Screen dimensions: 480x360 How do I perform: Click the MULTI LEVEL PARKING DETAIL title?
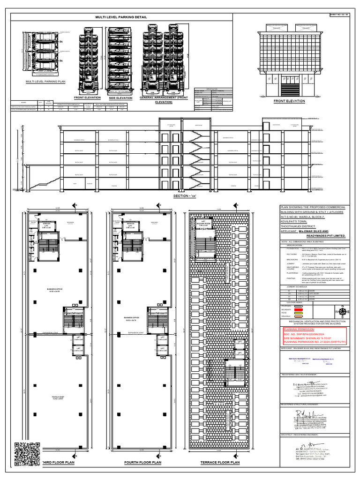point(121,17)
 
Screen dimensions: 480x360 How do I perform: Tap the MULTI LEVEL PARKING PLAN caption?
point(45,82)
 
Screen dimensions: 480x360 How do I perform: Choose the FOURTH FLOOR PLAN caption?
point(142,463)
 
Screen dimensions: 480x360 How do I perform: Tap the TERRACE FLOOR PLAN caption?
point(220,463)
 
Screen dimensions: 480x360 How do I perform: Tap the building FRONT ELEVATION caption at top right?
point(289,101)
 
